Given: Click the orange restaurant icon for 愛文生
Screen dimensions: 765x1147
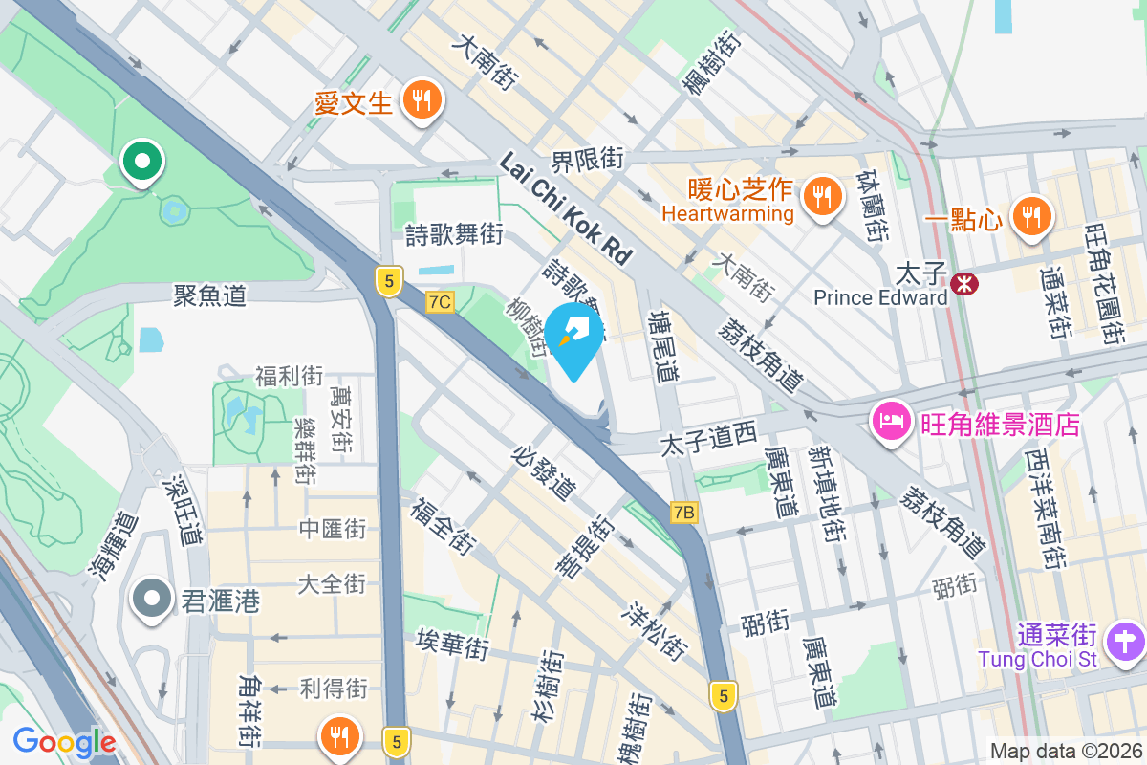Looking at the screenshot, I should tap(421, 99).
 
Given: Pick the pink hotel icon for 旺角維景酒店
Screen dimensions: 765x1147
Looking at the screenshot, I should tap(891, 422).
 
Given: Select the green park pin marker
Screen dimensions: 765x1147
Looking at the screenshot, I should tap(142, 163).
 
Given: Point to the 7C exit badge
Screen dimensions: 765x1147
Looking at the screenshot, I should tap(440, 302).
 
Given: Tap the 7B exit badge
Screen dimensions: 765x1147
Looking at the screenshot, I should tap(684, 513).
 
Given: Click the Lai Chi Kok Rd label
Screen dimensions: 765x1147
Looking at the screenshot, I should tap(566, 211).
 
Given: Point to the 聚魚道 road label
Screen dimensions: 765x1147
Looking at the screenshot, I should tap(209, 295).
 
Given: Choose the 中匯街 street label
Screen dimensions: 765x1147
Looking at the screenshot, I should tap(333, 528).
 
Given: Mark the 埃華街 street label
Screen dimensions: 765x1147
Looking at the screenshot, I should tap(453, 644).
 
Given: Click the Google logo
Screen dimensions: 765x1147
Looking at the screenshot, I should tap(64, 742).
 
